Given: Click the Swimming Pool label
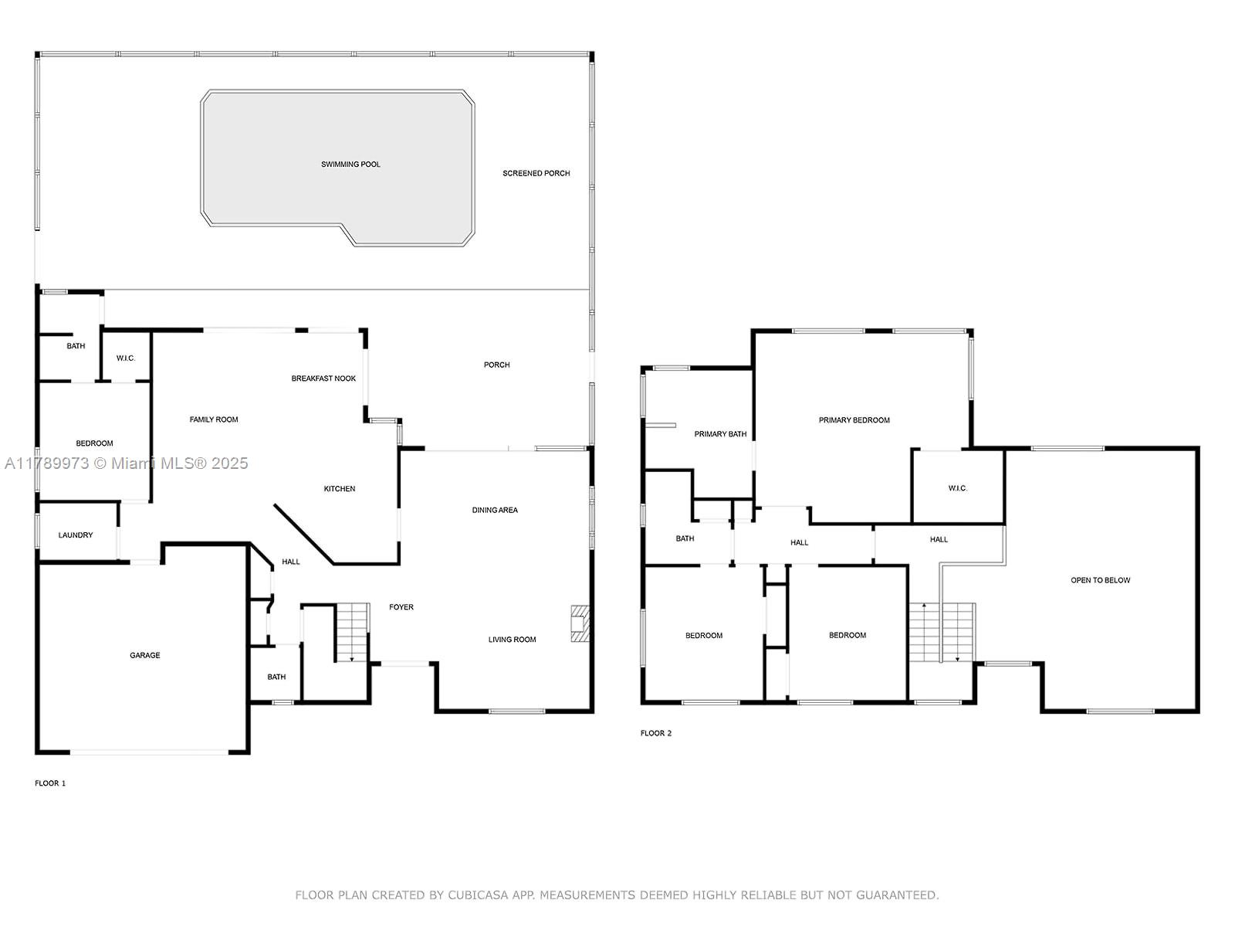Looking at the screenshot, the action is click(x=350, y=165).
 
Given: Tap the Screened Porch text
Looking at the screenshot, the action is click(x=536, y=173).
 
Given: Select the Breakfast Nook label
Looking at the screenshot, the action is click(x=323, y=379).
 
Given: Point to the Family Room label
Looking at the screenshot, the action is click(x=214, y=419).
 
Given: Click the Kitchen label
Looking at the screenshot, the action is click(x=340, y=488).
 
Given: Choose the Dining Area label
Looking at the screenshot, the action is click(x=495, y=510).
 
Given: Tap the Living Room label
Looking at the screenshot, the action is click(x=512, y=640).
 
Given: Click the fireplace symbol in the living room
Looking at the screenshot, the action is click(x=580, y=623).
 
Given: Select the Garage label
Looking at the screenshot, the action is click(x=145, y=655).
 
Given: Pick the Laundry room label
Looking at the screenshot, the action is click(x=76, y=535).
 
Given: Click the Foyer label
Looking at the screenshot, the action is click(x=401, y=606).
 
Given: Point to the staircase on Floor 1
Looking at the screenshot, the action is click(x=353, y=632).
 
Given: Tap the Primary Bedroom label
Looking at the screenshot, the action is click(x=854, y=420).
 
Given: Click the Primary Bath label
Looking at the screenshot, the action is click(x=720, y=434).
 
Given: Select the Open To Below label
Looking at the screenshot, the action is click(x=1101, y=580).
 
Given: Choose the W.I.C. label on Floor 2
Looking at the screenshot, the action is click(x=958, y=488).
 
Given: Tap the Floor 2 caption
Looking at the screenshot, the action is click(x=656, y=733).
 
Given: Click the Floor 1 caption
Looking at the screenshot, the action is click(x=50, y=783).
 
